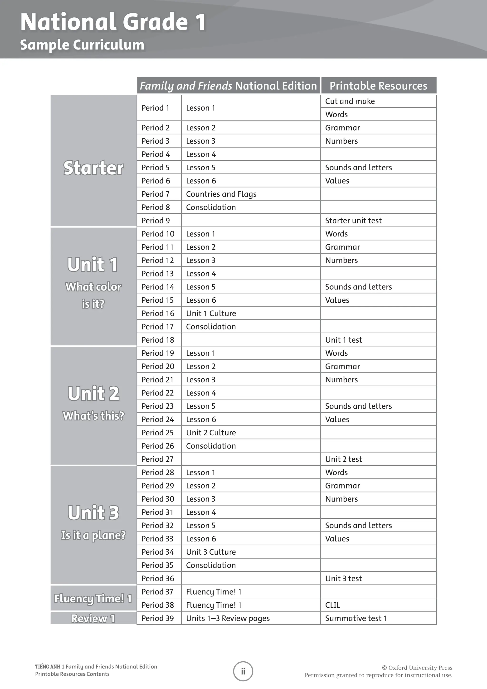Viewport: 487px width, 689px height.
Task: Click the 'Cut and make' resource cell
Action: [350, 101]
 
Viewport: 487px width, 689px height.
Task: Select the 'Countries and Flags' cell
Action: [221, 194]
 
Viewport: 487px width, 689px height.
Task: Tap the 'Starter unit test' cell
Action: [353, 221]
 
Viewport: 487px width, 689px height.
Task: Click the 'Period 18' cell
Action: [158, 340]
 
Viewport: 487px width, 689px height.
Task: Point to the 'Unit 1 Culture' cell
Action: [211, 314]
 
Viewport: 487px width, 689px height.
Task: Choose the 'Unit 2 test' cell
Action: [343, 459]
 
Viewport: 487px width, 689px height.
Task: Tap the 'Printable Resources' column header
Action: [378, 86]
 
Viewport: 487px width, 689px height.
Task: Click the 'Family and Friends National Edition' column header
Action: [228, 86]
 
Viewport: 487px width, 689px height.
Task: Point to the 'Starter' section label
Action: [93, 168]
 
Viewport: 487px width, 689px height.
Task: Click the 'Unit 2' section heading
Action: [93, 394]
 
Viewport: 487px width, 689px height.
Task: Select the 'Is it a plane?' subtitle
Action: [93, 535]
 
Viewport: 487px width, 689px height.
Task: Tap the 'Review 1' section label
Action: [93, 619]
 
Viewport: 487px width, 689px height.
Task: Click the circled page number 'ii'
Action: [243, 671]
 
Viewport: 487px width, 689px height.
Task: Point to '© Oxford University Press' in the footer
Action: [417, 668]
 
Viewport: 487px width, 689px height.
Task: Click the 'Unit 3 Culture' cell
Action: [211, 552]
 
